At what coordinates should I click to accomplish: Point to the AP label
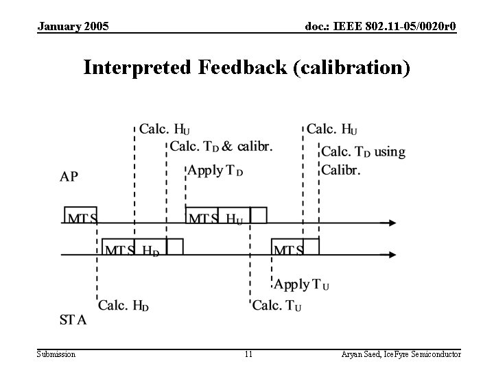point(69,176)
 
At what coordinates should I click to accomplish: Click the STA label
point(73,319)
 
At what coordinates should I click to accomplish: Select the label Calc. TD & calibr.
point(221,146)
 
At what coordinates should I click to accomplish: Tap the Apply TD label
point(215,171)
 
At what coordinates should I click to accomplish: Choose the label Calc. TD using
point(363,151)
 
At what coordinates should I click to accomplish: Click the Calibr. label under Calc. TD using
point(341,170)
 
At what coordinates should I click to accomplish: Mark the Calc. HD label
point(123,305)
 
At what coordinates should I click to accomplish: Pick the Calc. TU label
point(277,305)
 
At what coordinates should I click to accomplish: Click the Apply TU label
point(301,284)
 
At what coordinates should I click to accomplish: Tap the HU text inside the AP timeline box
point(235,219)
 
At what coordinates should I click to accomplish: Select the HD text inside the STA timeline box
point(151,251)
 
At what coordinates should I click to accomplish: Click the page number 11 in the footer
point(248,354)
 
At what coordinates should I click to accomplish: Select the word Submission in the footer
point(56,354)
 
